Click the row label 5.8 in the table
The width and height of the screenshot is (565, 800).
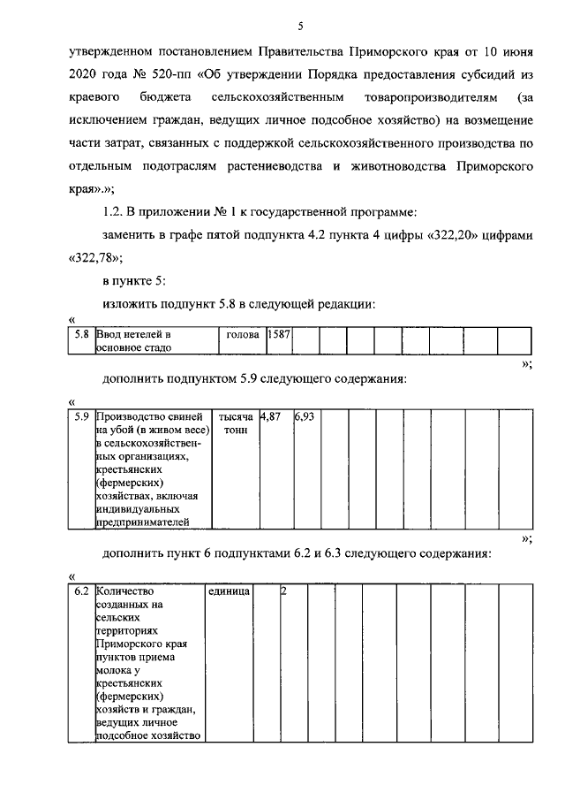82,335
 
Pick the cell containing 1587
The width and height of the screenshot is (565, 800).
279,335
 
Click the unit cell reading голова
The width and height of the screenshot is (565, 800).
242,335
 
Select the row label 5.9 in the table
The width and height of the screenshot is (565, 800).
82,415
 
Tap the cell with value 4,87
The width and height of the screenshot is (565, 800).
269,415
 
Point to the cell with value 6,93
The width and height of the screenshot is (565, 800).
305,415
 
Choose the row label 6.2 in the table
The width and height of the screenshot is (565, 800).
82,590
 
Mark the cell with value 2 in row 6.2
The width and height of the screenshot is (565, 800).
283,590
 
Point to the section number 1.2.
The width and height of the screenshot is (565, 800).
116,211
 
